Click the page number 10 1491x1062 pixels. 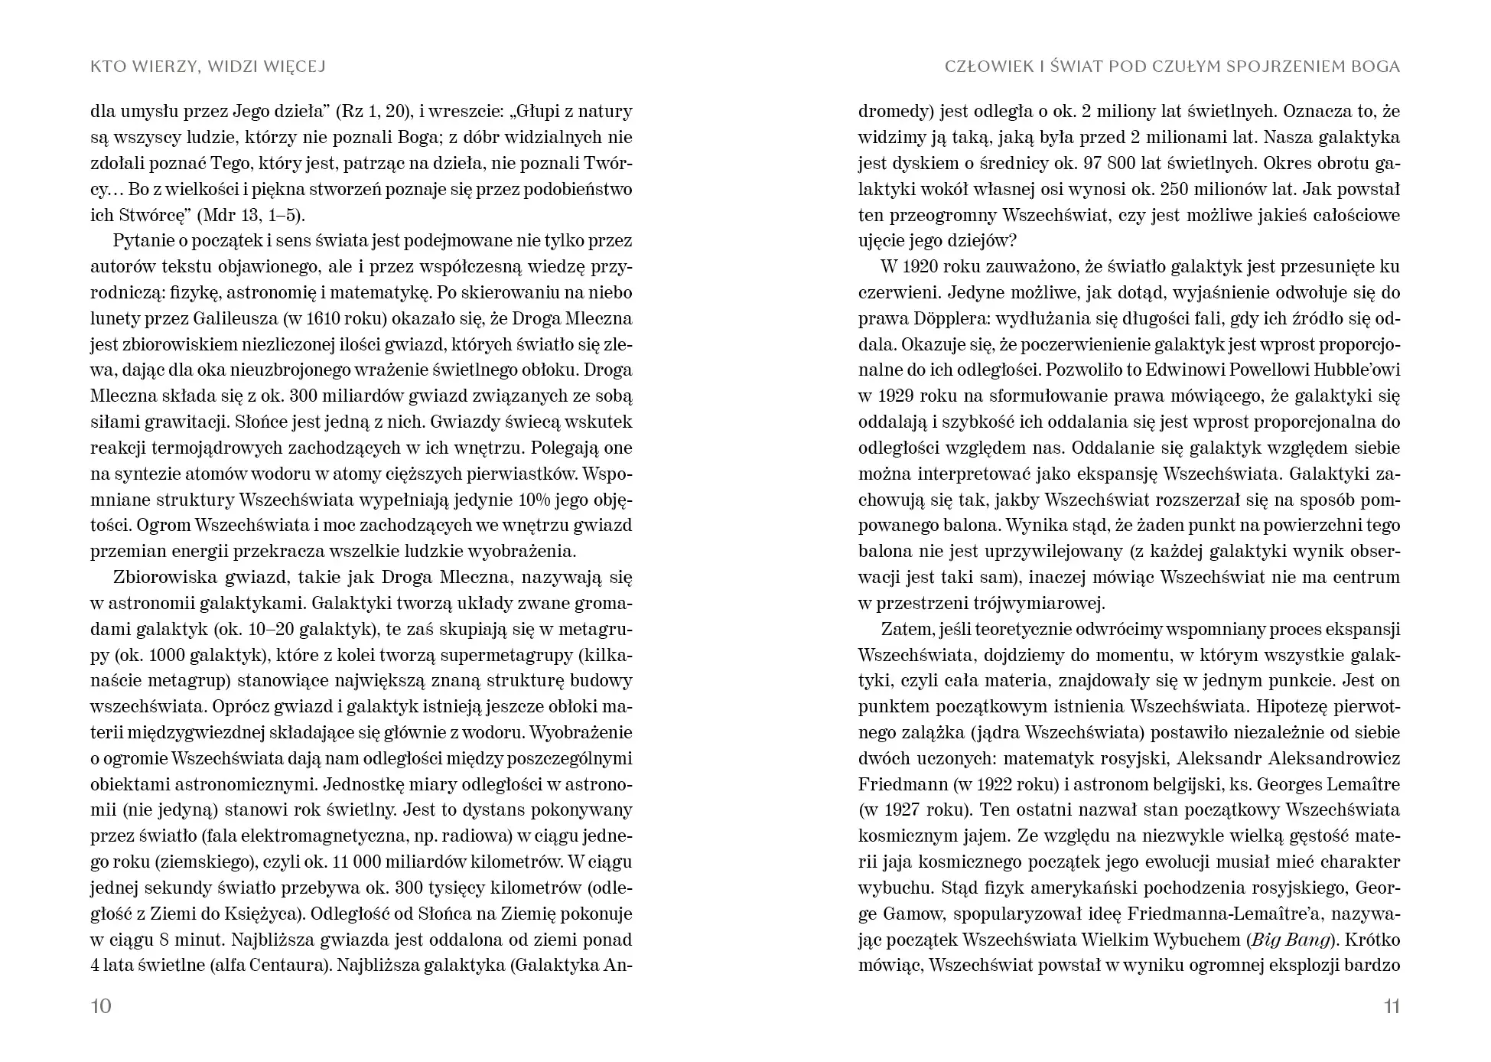(101, 1006)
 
